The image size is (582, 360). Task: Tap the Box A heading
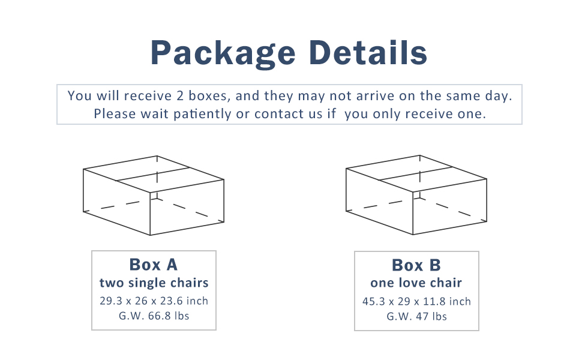(154, 265)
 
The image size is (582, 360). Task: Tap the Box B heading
(416, 265)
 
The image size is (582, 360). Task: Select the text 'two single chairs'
(154, 283)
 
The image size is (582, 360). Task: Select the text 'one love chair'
(416, 283)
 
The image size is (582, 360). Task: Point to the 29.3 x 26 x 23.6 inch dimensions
(154, 301)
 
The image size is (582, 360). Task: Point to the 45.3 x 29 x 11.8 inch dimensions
(416, 301)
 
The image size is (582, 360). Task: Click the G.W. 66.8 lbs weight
(154, 316)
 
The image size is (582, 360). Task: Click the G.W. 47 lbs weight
(416, 316)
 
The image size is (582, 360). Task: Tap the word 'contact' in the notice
(279, 113)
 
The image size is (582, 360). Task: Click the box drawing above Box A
(154, 196)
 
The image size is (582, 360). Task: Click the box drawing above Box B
(416, 196)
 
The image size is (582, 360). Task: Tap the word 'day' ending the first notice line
(502, 96)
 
